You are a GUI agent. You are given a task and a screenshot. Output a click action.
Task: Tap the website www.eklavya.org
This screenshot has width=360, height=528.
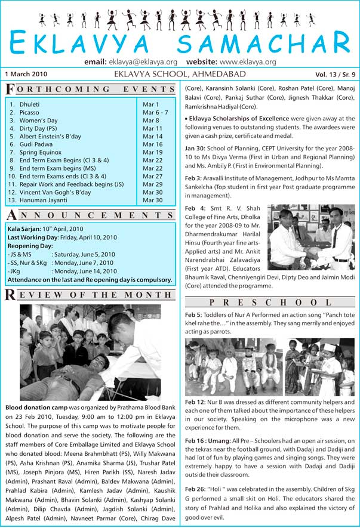(x=247, y=61)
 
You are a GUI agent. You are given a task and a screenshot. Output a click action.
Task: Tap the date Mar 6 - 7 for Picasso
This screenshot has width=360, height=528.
(x=155, y=112)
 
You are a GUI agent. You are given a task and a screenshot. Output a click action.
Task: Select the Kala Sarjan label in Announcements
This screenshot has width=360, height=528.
(x=24, y=229)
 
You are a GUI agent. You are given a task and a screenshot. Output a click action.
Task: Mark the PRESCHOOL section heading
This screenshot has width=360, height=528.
(x=270, y=303)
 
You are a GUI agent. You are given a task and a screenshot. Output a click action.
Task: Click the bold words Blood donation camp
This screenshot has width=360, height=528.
(x=38, y=406)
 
